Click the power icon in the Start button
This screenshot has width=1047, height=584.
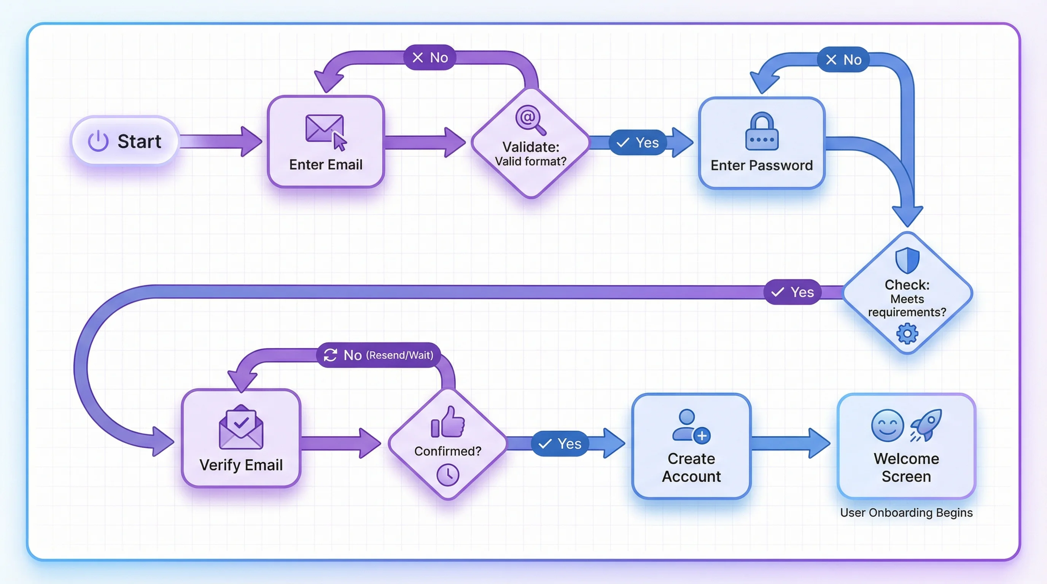coord(98,141)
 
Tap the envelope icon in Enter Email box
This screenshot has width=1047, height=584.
coord(324,129)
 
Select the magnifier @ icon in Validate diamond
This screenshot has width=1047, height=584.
coord(529,119)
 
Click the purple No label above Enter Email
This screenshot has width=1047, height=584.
coord(430,58)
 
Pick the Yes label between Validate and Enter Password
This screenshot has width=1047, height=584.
coord(638,143)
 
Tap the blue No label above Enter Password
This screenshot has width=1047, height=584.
coord(843,60)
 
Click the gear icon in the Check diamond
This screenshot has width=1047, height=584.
coord(907,334)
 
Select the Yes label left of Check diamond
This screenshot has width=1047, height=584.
coord(792,292)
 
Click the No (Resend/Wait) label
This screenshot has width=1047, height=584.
coord(379,355)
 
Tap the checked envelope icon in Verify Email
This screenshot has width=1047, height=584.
coord(241,428)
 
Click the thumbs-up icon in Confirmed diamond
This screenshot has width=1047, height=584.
coord(447,422)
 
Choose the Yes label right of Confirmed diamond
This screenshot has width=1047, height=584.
coord(560,444)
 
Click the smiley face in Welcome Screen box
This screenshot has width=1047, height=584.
coord(887,425)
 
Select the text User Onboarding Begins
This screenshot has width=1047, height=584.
coord(906,513)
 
